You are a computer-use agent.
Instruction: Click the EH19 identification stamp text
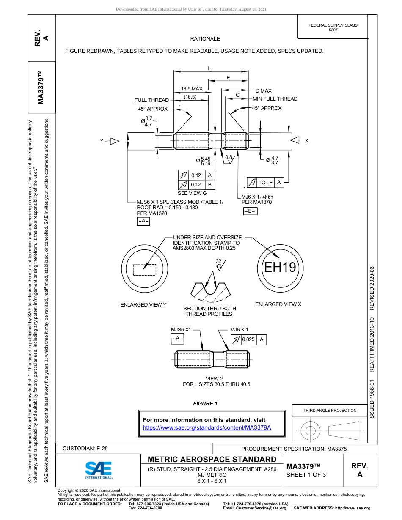(x=280, y=268)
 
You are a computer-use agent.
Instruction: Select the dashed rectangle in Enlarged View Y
(x=144, y=270)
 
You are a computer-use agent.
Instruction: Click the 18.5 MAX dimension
(x=192, y=89)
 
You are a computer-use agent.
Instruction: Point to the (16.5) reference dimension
(x=190, y=97)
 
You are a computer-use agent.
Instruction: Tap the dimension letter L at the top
(x=209, y=68)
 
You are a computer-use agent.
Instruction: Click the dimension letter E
(x=228, y=78)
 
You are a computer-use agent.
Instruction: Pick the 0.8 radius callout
(x=229, y=157)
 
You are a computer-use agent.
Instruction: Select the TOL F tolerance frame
(x=265, y=182)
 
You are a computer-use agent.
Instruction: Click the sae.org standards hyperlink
(x=207, y=427)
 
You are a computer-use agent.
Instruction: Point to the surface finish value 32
(x=218, y=261)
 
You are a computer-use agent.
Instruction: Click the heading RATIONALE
(x=205, y=39)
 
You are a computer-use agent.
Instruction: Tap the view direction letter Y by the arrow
(x=102, y=141)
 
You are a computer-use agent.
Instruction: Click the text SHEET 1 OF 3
(x=306, y=474)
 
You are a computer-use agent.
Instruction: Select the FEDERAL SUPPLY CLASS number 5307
(x=333, y=30)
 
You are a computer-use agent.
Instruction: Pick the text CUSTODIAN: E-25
(x=85, y=449)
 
